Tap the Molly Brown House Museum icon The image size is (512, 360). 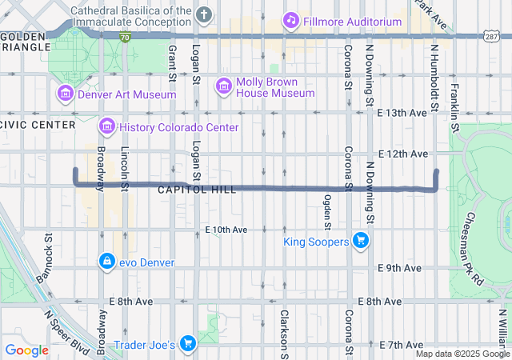coord(223,85)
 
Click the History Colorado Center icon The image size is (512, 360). coord(106,126)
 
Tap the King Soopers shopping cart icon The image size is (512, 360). coord(360,239)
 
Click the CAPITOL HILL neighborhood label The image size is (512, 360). coord(197,190)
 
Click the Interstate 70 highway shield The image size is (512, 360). coord(125,37)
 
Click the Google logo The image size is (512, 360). coord(26,350)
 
